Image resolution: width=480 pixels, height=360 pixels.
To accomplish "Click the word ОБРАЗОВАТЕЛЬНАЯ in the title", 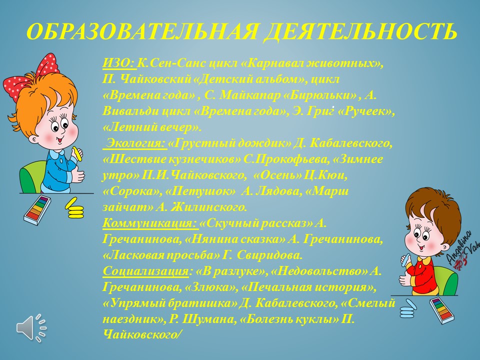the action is [x=141, y=31].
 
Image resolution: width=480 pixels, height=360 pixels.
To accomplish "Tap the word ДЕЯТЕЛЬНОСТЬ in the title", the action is [x=360, y=31].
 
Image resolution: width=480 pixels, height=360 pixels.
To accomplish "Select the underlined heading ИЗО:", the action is [x=118, y=63].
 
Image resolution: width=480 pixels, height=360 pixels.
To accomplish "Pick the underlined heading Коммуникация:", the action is [x=150, y=223].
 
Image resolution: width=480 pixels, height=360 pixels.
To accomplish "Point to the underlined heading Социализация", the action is [x=145, y=271].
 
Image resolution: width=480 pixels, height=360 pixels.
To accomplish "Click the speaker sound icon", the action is [x=31, y=327].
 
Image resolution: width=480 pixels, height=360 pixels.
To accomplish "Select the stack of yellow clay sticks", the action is [x=74, y=208].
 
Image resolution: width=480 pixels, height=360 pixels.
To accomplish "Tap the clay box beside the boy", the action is [x=442, y=310].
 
